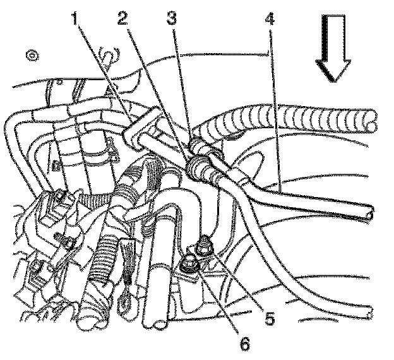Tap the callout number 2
pyautogui.click(x=124, y=20)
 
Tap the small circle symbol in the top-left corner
pyautogui.click(x=30, y=56)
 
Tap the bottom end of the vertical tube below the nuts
pyautogui.click(x=158, y=323)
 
